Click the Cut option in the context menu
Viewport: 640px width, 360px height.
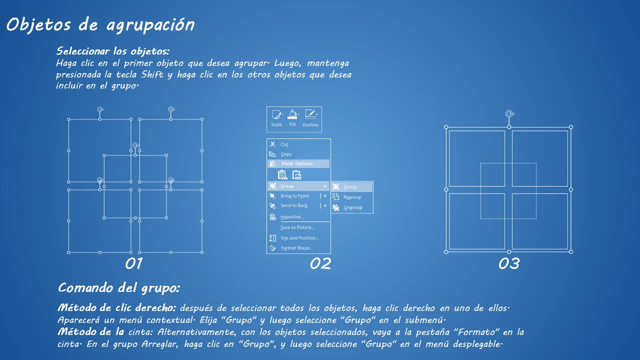click(x=284, y=144)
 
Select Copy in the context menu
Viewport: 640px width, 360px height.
click(x=286, y=154)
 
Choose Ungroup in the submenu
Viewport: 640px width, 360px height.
click(x=353, y=207)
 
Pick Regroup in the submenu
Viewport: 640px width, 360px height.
click(x=352, y=197)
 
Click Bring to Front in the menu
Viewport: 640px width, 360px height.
click(x=294, y=196)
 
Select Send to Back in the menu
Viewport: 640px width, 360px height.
click(x=294, y=205)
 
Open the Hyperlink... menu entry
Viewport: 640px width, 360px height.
click(x=292, y=217)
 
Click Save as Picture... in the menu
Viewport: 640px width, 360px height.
click(x=297, y=227)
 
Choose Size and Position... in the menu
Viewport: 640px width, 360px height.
click(x=299, y=238)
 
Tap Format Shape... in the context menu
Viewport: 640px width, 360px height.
click(x=297, y=248)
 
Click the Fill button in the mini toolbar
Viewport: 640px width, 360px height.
click(x=292, y=118)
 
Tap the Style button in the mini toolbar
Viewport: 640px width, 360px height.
click(x=276, y=118)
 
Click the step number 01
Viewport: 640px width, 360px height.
click(x=133, y=263)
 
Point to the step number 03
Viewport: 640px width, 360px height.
click(x=509, y=263)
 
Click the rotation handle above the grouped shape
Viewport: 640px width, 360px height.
click(x=509, y=114)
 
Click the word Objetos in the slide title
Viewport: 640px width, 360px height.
click(x=38, y=24)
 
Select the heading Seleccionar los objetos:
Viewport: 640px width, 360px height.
click(x=113, y=51)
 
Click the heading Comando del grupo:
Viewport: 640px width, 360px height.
click(x=119, y=288)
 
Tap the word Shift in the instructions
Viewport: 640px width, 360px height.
click(x=152, y=74)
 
